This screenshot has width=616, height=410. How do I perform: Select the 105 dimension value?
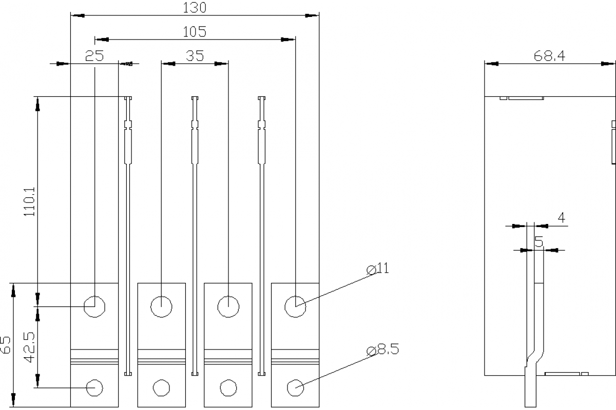click(x=195, y=32)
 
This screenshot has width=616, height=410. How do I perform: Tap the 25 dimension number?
click(x=94, y=56)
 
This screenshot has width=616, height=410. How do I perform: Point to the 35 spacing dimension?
click(x=195, y=56)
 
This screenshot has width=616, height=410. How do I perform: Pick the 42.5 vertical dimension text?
click(x=30, y=347)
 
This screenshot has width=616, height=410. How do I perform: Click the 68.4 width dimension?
click(x=549, y=56)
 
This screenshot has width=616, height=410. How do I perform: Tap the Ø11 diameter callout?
click(x=378, y=269)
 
